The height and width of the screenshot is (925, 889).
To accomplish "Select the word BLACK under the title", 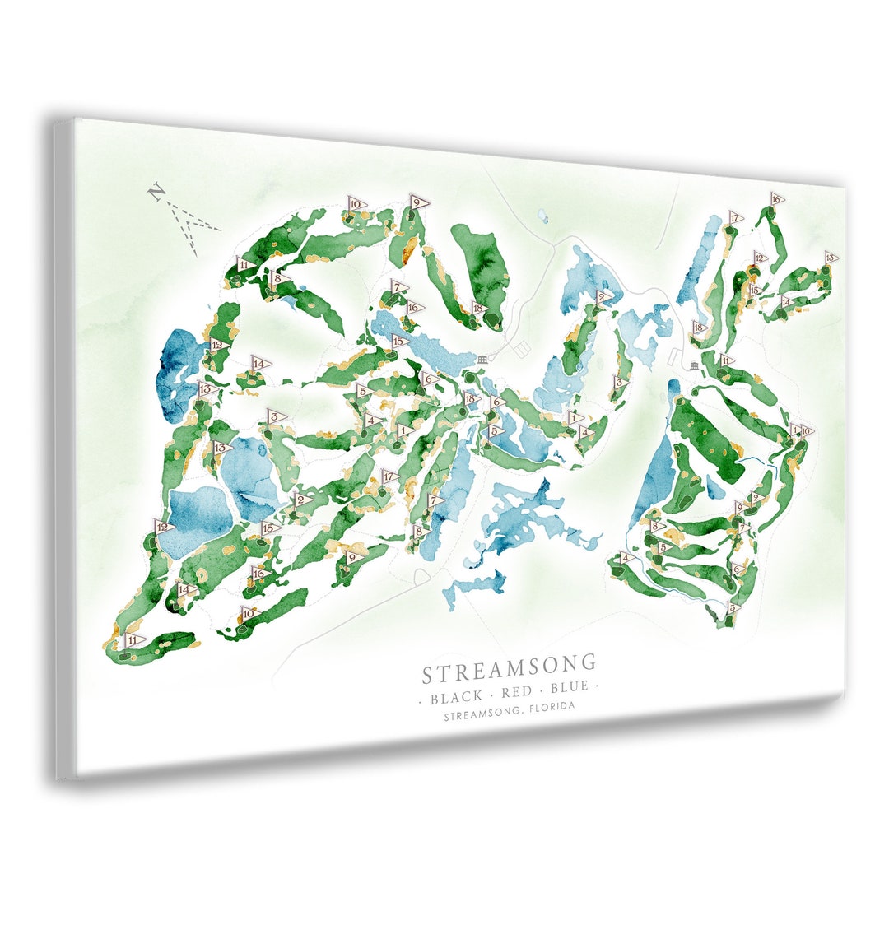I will click(456, 696).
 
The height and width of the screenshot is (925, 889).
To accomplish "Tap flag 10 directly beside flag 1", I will click(806, 431).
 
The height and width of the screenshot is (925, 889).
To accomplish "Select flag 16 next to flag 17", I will click(775, 199).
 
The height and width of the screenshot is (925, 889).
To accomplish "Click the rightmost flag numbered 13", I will click(831, 258).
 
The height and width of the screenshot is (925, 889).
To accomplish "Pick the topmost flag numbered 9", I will click(417, 202).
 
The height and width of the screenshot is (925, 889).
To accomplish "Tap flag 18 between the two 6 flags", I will click(471, 399).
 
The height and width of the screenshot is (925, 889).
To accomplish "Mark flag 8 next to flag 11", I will click(278, 279).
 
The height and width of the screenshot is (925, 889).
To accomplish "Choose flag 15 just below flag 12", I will click(754, 290).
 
